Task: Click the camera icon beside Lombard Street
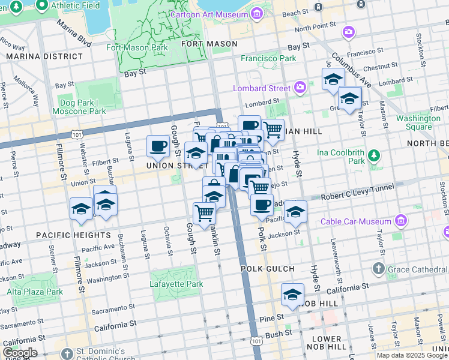click(300, 88)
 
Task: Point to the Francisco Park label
click(268, 59)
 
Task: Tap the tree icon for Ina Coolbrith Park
click(374, 156)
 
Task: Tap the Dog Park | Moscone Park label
click(79, 107)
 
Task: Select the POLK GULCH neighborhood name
click(268, 269)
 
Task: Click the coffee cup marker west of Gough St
click(158, 146)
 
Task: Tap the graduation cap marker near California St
click(292, 295)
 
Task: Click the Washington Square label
click(418, 123)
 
